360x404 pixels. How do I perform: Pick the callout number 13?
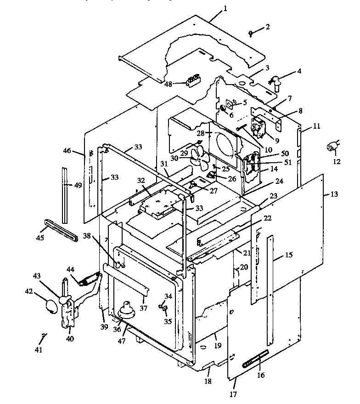(334, 194)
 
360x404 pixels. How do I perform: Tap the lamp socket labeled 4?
(277, 81)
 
